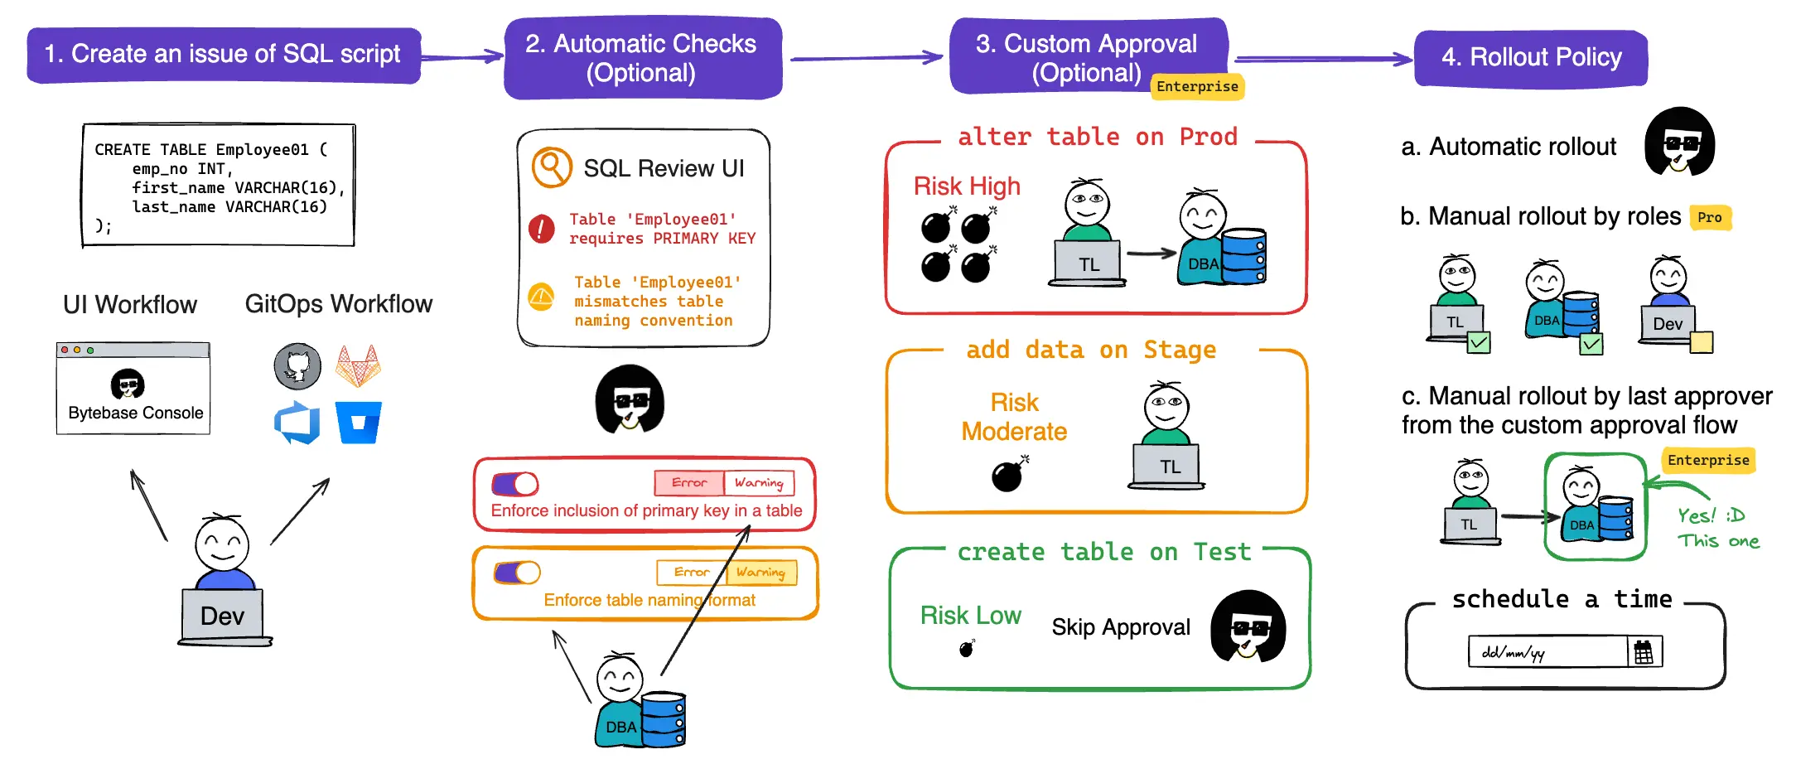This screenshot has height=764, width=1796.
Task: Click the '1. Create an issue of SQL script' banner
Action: click(223, 55)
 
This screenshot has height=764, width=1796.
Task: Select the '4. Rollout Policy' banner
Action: click(1531, 57)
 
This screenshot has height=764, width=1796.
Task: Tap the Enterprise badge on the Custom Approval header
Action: click(1197, 87)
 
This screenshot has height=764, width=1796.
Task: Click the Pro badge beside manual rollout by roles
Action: click(1709, 218)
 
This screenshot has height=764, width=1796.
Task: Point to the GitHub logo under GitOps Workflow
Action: click(297, 366)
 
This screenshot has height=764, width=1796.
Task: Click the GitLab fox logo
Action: click(358, 366)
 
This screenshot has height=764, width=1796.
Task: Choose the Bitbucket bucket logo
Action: click(358, 423)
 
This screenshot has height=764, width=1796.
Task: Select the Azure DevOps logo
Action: click(297, 423)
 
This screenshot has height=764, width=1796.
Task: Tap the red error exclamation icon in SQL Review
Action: click(542, 228)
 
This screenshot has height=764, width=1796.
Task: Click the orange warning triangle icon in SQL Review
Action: click(542, 296)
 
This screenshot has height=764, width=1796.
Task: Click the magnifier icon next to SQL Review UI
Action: click(552, 168)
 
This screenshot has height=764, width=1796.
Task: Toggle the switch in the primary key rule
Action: click(515, 483)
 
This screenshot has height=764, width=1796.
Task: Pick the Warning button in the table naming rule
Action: click(760, 573)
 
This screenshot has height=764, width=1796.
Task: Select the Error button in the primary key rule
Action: click(688, 483)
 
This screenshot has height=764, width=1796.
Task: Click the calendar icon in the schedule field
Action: click(1644, 653)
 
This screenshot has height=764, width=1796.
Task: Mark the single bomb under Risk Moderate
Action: click(1008, 476)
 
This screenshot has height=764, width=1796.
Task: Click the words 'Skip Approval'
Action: click(1121, 627)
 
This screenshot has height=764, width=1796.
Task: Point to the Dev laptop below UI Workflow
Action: click(223, 616)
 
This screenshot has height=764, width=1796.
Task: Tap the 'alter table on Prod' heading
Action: click(1098, 138)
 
